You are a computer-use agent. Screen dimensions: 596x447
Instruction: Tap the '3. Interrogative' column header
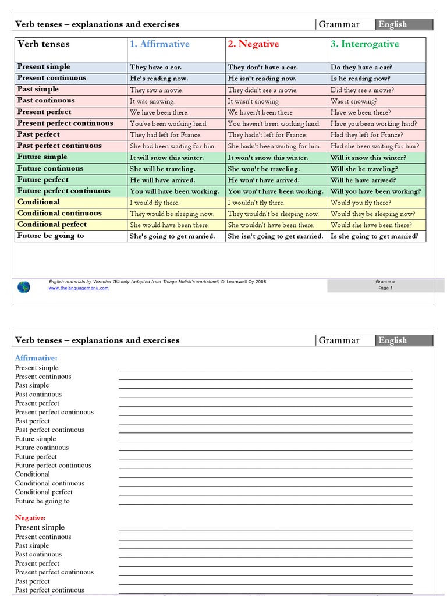[364, 44]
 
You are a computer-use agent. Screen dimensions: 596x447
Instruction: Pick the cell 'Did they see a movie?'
[362, 90]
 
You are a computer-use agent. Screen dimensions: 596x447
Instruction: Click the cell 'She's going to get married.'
[173, 236]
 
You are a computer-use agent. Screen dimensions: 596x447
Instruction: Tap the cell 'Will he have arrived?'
[363, 180]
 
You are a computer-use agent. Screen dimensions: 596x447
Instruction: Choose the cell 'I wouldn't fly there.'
[256, 203]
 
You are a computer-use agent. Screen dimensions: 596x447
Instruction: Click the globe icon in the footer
[24, 286]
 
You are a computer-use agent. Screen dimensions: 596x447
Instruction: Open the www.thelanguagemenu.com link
[79, 288]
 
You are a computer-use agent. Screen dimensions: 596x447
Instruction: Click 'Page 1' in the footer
[385, 288]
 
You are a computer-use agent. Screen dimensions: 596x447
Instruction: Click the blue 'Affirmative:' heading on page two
[36, 358]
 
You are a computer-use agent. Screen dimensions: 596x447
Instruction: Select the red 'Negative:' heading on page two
[30, 517]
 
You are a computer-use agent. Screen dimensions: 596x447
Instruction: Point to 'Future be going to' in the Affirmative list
[42, 501]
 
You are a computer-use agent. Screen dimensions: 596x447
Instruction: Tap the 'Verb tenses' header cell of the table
[44, 44]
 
